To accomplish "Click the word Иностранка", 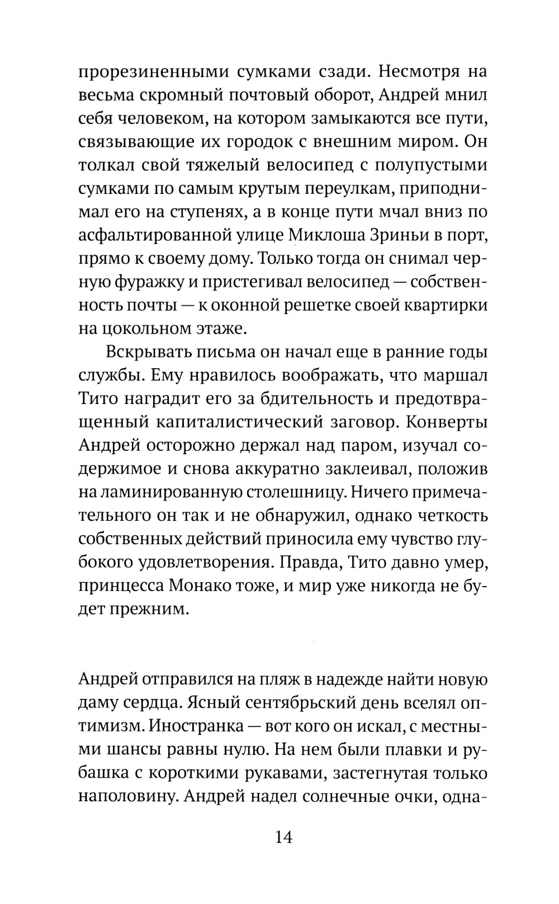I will tap(197, 726).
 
